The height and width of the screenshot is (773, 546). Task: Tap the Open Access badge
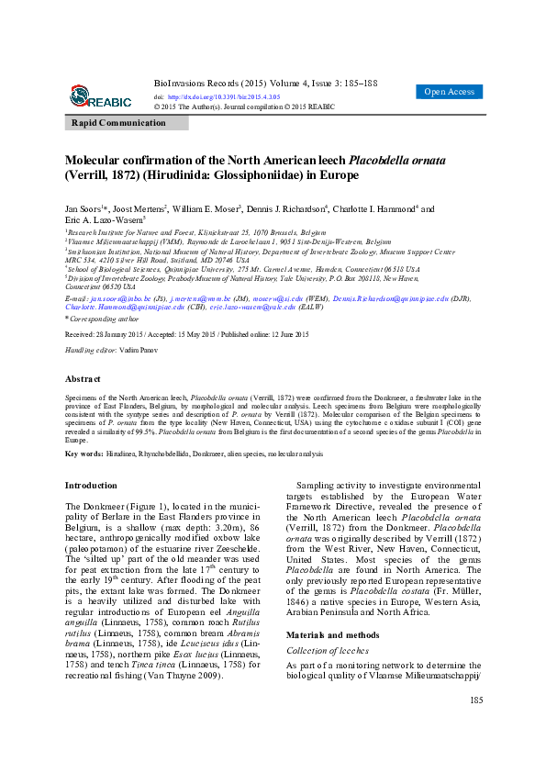click(x=449, y=92)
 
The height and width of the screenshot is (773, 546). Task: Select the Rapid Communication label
click(x=120, y=123)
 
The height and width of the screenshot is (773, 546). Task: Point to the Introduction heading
click(x=91, y=485)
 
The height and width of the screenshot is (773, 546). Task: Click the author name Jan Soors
click(x=86, y=208)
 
